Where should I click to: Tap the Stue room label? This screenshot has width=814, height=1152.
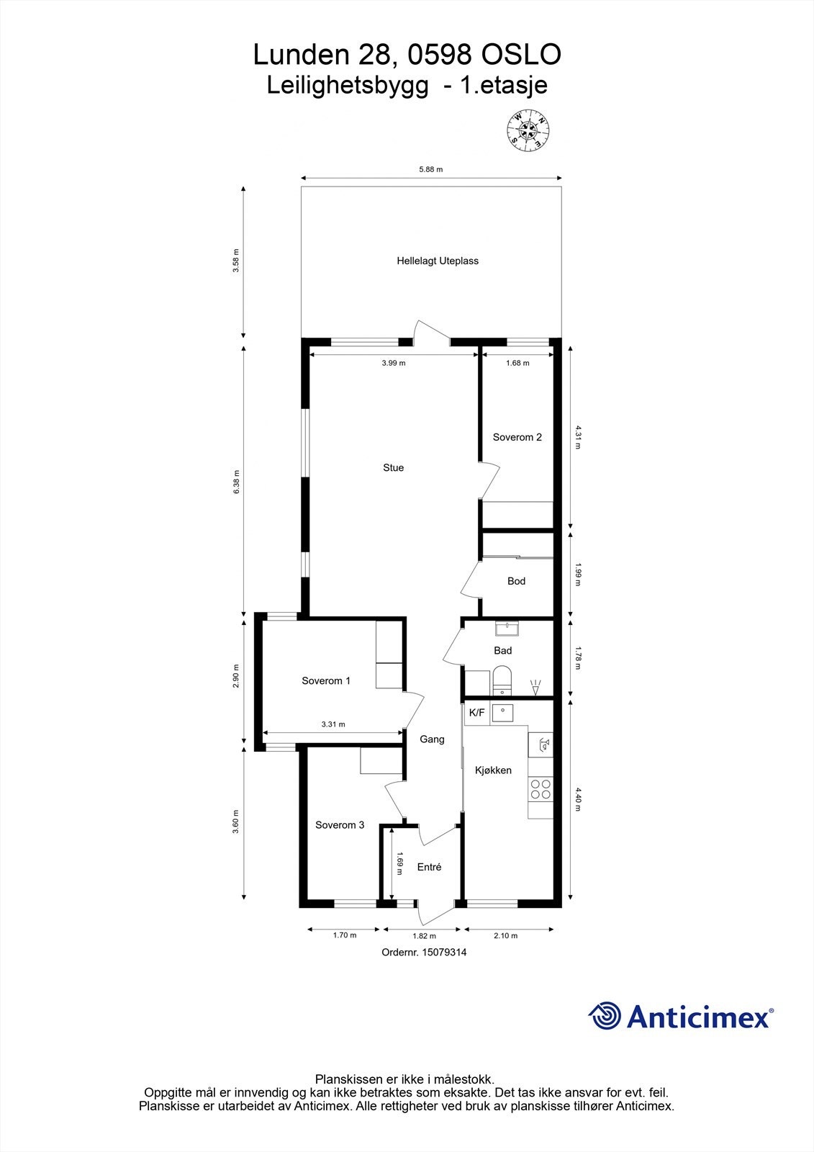coord(393,468)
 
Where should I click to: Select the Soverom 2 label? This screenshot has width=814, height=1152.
coord(517,437)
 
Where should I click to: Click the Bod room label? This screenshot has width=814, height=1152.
coord(516,581)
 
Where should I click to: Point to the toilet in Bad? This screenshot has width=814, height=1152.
coord(502,680)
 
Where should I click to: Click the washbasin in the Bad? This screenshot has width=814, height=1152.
coord(508,629)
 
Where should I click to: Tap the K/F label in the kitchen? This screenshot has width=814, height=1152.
coord(476,713)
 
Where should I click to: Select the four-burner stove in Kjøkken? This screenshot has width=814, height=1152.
coord(541,789)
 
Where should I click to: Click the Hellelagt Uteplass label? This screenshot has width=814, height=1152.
coord(438,261)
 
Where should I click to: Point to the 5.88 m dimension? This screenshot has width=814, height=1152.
coord(430,170)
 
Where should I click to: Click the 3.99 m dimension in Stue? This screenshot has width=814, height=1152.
coord(394,363)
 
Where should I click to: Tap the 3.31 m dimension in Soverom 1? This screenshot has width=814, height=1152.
coord(333,724)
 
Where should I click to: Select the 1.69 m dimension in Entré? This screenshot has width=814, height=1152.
coord(399,863)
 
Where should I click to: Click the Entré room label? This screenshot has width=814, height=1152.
coord(429,868)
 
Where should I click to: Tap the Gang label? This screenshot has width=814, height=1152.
coord(432,739)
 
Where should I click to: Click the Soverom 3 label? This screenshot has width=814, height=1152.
coord(340,825)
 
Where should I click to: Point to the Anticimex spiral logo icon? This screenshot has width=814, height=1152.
coord(605,1016)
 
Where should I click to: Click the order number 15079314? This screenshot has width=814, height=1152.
coord(444,952)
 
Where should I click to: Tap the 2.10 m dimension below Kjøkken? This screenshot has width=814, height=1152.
coord(505,935)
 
